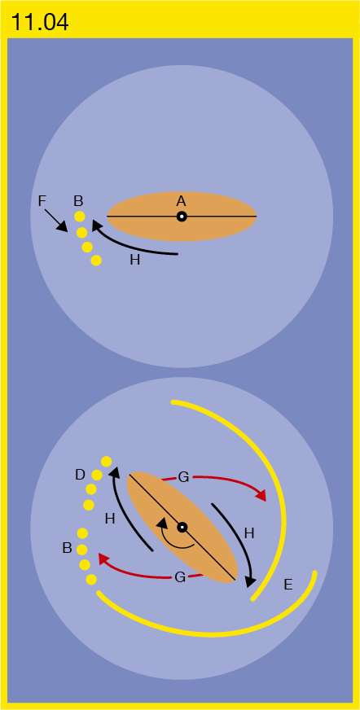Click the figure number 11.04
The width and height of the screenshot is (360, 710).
(40, 22)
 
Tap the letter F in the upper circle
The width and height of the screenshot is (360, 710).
(42, 201)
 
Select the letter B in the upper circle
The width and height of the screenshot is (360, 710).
(78, 201)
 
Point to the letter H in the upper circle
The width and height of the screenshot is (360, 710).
(134, 261)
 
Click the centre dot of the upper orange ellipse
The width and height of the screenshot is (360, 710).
(182, 217)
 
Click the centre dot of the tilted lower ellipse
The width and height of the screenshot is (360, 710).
(182, 527)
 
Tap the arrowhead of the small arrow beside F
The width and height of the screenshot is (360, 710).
(64, 227)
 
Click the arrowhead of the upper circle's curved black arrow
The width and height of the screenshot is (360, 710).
(97, 226)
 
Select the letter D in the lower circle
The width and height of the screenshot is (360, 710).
(80, 475)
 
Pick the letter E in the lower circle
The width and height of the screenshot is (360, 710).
(288, 585)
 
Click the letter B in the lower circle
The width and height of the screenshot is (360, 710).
(67, 548)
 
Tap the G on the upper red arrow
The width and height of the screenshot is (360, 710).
(183, 477)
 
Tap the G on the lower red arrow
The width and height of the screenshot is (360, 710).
(180, 577)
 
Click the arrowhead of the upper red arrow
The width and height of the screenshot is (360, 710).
(261, 496)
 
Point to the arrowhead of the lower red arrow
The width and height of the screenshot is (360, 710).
(104, 559)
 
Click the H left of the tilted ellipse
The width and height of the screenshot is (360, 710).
(110, 519)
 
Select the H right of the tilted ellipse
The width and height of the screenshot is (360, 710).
(249, 533)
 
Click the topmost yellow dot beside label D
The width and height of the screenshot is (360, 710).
(107, 462)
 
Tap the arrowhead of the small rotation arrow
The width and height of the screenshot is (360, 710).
(160, 524)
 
